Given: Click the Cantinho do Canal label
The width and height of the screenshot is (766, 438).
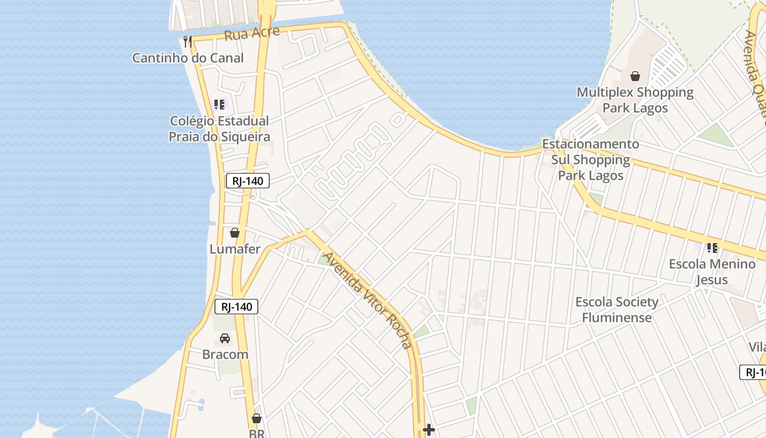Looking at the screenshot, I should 188,58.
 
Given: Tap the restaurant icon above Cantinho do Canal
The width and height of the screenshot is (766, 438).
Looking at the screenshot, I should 188,41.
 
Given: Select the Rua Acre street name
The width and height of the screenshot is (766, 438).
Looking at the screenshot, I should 252,33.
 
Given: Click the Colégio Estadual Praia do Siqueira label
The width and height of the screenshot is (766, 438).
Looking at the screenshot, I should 219,129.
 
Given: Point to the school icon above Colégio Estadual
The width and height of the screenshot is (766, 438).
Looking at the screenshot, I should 219,104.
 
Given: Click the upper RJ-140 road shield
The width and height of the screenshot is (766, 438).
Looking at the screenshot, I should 248,181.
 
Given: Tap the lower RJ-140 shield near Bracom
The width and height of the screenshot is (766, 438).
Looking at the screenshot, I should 236,307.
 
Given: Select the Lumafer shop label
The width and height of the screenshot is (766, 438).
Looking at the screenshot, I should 235,249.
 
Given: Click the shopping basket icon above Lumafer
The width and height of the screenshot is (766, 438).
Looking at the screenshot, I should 235,233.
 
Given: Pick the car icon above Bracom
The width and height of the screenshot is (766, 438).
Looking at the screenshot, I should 225,338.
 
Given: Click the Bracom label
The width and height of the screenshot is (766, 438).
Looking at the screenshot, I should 225,354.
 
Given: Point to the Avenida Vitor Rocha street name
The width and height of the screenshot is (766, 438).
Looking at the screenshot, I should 367,300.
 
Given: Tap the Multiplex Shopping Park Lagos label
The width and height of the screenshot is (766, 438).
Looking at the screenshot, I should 635,100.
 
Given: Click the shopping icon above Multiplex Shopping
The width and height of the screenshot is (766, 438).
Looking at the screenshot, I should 635,76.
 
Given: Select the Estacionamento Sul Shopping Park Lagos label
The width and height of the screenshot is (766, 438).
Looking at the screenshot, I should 590,160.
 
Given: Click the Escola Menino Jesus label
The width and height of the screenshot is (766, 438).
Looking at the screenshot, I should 712,272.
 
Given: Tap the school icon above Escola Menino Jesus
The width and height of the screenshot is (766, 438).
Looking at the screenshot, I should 712,247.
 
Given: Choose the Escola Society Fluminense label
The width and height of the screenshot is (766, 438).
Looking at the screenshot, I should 617,309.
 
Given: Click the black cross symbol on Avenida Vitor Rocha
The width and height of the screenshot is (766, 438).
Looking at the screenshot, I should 429,430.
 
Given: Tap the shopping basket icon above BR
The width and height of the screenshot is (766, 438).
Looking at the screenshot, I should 257,418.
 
